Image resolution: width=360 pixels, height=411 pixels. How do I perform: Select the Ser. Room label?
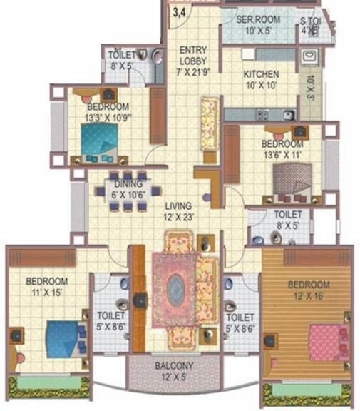pyautogui.click(x=258, y=25)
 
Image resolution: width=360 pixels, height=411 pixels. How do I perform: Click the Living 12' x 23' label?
pyautogui.click(x=177, y=212)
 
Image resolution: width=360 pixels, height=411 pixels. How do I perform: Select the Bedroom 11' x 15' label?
pyautogui.click(x=46, y=286)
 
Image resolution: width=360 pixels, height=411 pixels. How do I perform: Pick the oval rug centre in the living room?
pyautogui.click(x=175, y=289)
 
